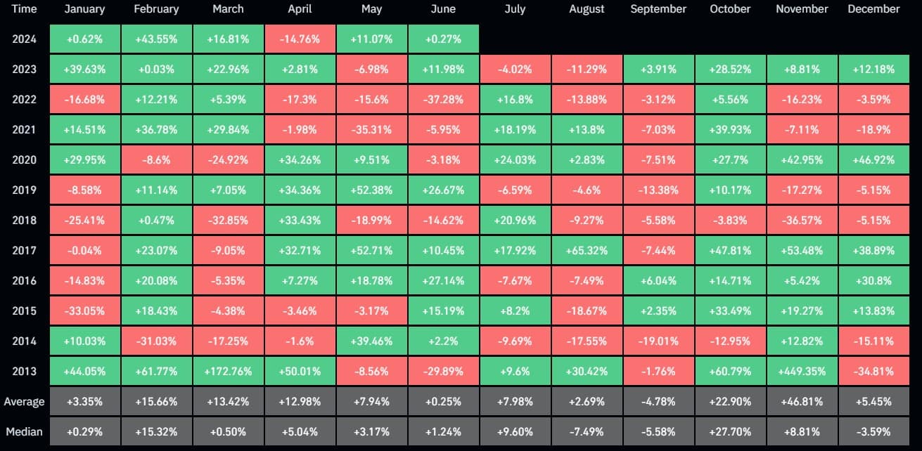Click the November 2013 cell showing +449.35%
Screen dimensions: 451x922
click(802, 371)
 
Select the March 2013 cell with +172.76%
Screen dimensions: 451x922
click(228, 371)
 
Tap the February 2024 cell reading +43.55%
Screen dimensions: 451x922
click(156, 39)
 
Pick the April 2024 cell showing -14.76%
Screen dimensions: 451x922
click(300, 39)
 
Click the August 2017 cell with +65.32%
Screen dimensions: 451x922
click(587, 250)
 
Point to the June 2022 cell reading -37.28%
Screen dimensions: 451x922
click(443, 100)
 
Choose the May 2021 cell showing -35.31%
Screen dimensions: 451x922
click(371, 130)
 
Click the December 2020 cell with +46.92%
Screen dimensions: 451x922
click(873, 160)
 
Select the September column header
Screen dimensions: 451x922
click(658, 9)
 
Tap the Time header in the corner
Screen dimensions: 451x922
click(24, 9)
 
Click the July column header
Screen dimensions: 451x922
click(515, 9)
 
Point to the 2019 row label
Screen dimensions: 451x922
click(24, 190)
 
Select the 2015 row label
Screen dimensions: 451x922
click(24, 311)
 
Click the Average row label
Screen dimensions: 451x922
click(24, 402)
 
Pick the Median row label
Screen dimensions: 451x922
click(24, 431)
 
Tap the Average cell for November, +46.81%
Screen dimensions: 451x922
click(802, 402)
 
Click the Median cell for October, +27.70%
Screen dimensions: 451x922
click(730, 431)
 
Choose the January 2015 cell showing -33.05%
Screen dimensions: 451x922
click(84, 311)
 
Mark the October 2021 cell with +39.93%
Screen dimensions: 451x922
click(730, 130)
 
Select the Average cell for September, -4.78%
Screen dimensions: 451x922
click(658, 402)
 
